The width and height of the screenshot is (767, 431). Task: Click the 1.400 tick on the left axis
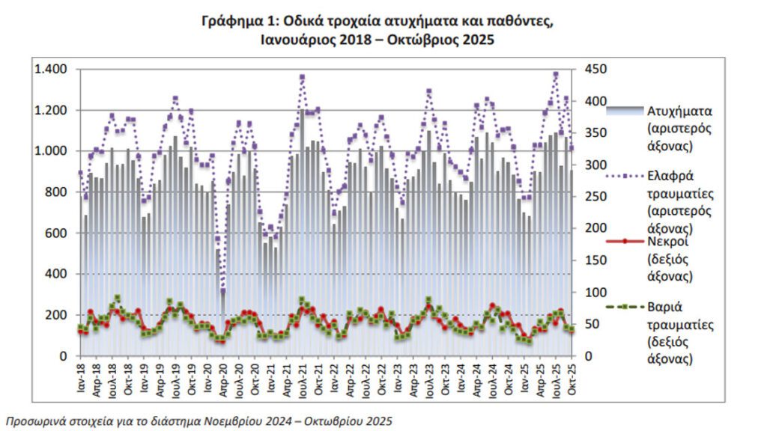50,70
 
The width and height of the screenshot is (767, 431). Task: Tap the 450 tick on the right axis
586,70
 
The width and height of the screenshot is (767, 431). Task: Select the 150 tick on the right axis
586,260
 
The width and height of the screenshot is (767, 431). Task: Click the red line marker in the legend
623,243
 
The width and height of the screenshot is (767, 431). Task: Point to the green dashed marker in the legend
623,306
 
